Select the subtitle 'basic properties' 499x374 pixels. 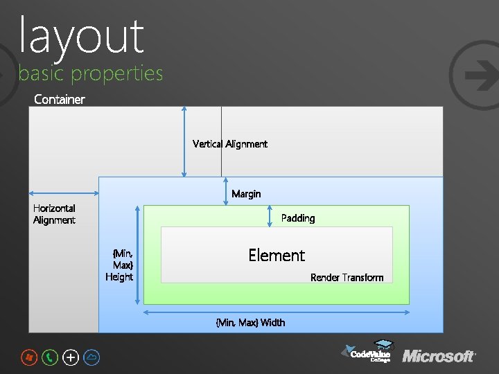coord(91,73)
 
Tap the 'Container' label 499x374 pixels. coord(60,99)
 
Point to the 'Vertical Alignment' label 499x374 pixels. coord(230,144)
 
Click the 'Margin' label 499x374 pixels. coord(246,194)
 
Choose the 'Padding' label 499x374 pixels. coord(298,218)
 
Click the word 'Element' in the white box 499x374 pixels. coord(277,255)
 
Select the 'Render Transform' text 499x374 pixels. coord(347,278)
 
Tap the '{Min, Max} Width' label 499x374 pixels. coord(250,322)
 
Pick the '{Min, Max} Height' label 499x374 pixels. coord(121,265)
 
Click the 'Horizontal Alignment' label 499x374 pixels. coord(54,214)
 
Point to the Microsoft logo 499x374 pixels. coord(439,356)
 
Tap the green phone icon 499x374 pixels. coord(50,357)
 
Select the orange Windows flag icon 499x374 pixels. coord(28,357)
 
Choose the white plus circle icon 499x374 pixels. coord(71,357)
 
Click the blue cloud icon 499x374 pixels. coord(91,357)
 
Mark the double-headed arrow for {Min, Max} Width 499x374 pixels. coord(277,312)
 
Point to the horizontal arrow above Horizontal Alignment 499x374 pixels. coord(63,194)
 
